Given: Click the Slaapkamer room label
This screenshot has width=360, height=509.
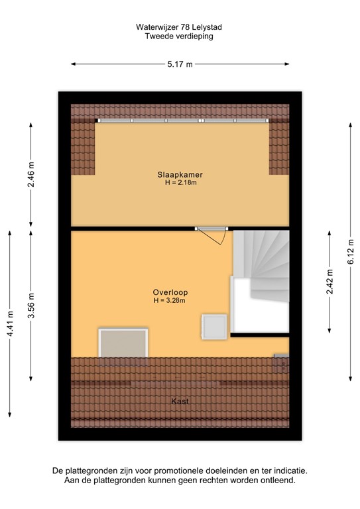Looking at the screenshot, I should [181, 174].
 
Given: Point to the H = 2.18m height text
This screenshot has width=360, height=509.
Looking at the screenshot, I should [181, 183].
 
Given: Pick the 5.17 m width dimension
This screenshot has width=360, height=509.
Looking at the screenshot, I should [180, 64].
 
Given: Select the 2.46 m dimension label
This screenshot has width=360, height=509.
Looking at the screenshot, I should [31, 174].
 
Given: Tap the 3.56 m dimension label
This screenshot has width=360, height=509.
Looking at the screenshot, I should [31, 306].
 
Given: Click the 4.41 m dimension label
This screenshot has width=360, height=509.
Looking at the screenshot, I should [10, 324].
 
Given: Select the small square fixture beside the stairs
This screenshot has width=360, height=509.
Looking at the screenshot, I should [215, 326].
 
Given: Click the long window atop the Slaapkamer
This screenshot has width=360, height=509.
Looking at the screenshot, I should [183, 121].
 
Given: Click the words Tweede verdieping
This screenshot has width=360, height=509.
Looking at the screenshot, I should [179, 37].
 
